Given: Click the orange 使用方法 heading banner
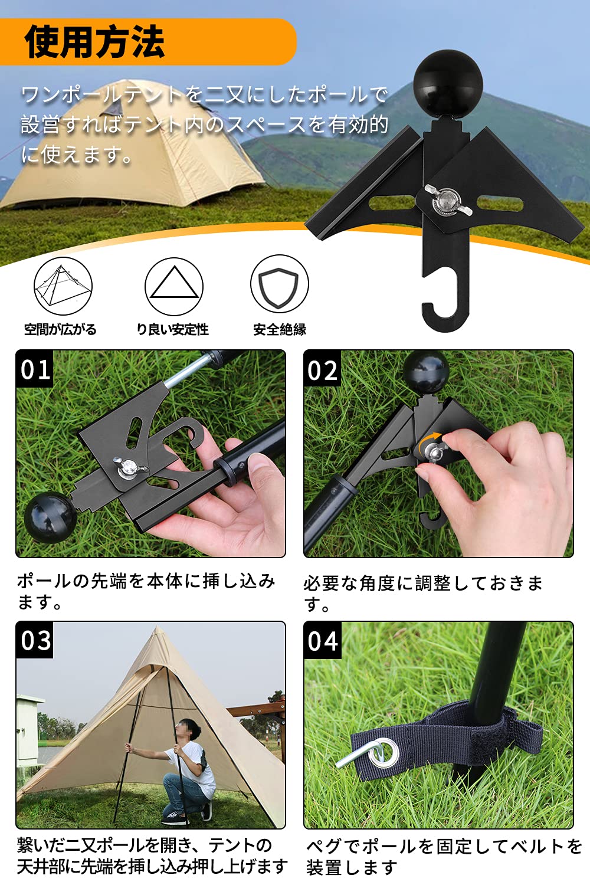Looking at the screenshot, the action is pos(148,41).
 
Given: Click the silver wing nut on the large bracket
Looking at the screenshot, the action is pos(448,201).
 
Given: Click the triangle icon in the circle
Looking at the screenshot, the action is pos(174,286).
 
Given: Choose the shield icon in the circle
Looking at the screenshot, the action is pos(280,284).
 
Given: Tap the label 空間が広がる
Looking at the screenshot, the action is pos(60,329).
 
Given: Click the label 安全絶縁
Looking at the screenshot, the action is pos(280,329).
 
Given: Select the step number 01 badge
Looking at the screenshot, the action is pos(35,369).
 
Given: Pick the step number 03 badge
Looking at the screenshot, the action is pos(35,640).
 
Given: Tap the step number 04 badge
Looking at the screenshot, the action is pos(323,641).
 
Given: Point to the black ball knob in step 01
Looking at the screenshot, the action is pos(50,513).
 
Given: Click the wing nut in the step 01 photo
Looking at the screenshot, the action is pos(130,467).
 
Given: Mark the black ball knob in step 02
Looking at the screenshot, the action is pos(426,368).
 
